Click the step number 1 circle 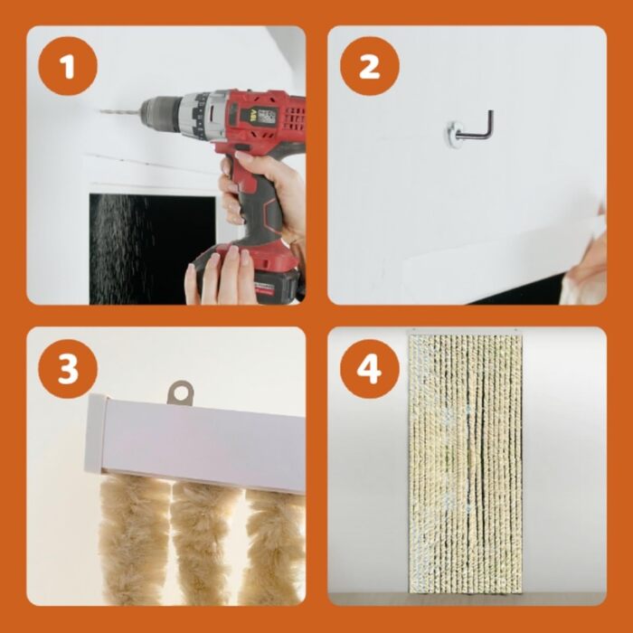[68, 66]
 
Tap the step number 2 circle [369, 66]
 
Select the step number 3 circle [68, 369]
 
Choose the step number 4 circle [369, 369]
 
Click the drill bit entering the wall [120, 111]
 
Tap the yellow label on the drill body [245, 117]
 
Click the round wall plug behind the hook [453, 132]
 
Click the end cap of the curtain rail [95, 434]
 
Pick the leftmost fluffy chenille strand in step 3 [133, 537]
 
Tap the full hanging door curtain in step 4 [466, 463]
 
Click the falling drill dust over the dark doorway [121, 242]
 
